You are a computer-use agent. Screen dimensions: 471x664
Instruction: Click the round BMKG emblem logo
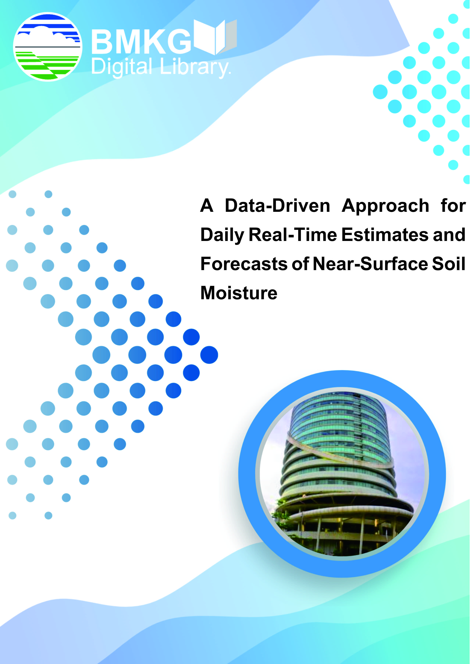coord(48,47)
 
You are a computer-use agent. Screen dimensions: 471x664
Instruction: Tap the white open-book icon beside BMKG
coord(215,37)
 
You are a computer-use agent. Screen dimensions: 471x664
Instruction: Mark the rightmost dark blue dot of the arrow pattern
coord(209,355)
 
